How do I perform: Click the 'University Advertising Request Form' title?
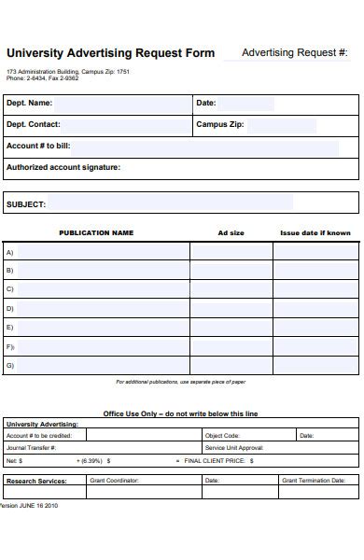pyautogui.click(x=110, y=53)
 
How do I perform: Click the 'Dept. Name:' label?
pyautogui.click(x=29, y=103)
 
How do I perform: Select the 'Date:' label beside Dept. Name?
pyautogui.click(x=206, y=103)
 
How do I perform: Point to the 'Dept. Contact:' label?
pyautogui.click(x=34, y=124)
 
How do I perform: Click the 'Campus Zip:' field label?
pyautogui.click(x=220, y=124)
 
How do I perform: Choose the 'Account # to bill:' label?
pyautogui.click(x=38, y=146)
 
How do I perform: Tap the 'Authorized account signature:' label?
pyautogui.click(x=63, y=168)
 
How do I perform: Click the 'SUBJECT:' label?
pyautogui.click(x=26, y=203)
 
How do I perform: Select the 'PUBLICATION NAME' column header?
pyautogui.click(x=96, y=233)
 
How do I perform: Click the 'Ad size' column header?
pyautogui.click(x=231, y=233)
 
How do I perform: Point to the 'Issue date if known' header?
pyautogui.click(x=315, y=233)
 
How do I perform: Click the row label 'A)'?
pyautogui.click(x=10, y=252)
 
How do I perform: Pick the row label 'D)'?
pyautogui.click(x=10, y=308)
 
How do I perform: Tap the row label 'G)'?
pyautogui.click(x=10, y=365)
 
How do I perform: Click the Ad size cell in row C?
pyautogui.click(x=231, y=289)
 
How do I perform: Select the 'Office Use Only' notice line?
pyautogui.click(x=180, y=413)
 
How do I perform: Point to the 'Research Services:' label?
pyautogui.click(x=36, y=481)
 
